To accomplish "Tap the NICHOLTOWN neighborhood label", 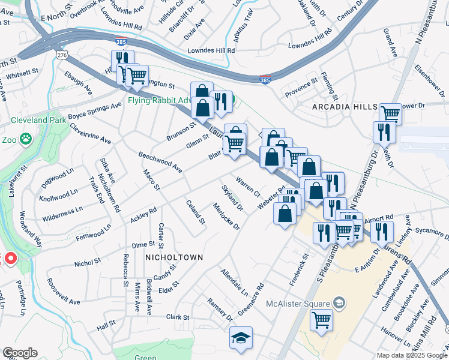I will coord(174,257).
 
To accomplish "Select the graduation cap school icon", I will coord(241,337).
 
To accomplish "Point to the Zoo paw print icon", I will coord(25,139).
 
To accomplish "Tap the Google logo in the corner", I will coord(20,353).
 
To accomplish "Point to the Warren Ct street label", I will coord(248,187).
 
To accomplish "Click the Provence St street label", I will coord(301,86).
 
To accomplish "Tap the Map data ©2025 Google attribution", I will coord(412,355).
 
